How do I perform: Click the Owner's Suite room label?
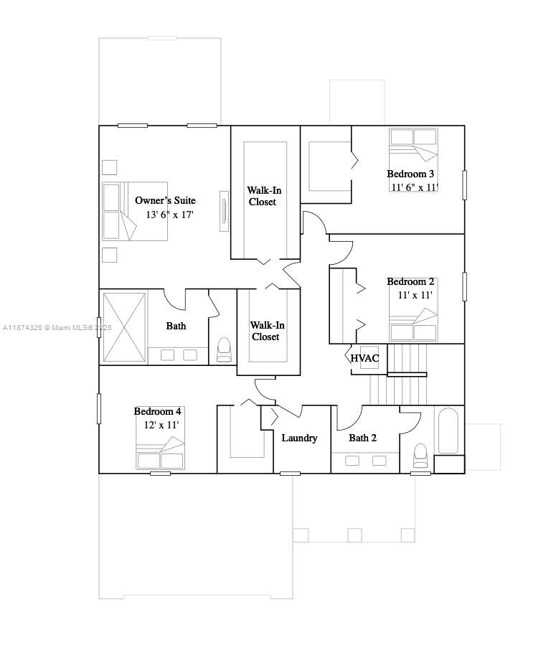(165, 200)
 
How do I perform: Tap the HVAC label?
(364, 358)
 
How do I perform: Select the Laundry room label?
(299, 438)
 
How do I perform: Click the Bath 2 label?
(363, 438)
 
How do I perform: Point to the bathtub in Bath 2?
(448, 431)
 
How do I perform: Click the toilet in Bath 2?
(420, 455)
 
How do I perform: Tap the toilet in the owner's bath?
(224, 349)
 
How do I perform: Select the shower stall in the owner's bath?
(124, 327)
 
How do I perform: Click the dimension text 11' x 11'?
(415, 295)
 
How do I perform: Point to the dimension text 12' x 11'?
(161, 425)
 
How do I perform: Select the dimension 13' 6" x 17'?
(170, 215)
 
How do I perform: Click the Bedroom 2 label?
(410, 282)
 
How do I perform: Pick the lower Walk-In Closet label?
(265, 331)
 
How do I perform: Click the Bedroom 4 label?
(158, 411)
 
